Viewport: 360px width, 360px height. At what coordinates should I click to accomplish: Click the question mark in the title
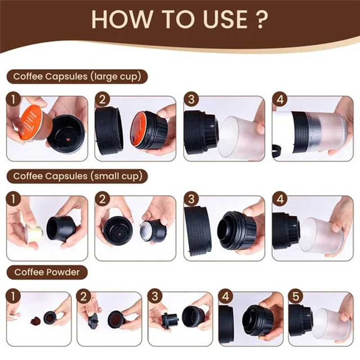[261, 19]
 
